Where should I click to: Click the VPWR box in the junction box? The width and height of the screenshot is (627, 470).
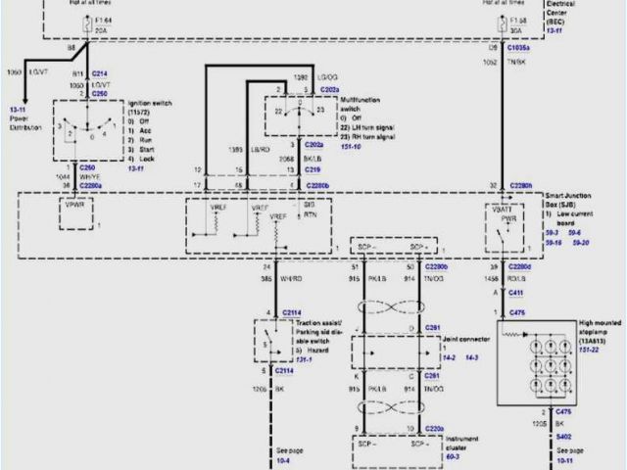(x=74, y=211)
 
